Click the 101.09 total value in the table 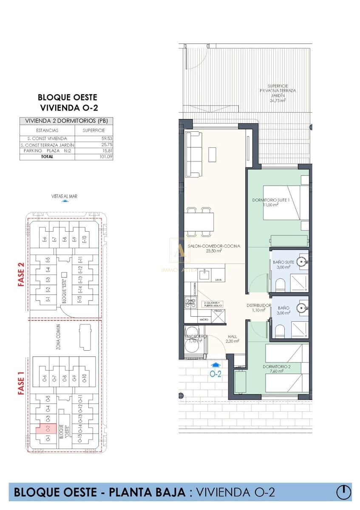(99, 156)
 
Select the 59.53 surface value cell (99, 139)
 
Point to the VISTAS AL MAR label (64, 196)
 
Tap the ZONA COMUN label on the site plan (58, 337)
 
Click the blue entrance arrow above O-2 (216, 364)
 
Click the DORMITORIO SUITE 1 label (271, 202)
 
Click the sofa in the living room (195, 154)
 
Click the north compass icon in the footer (343, 492)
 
